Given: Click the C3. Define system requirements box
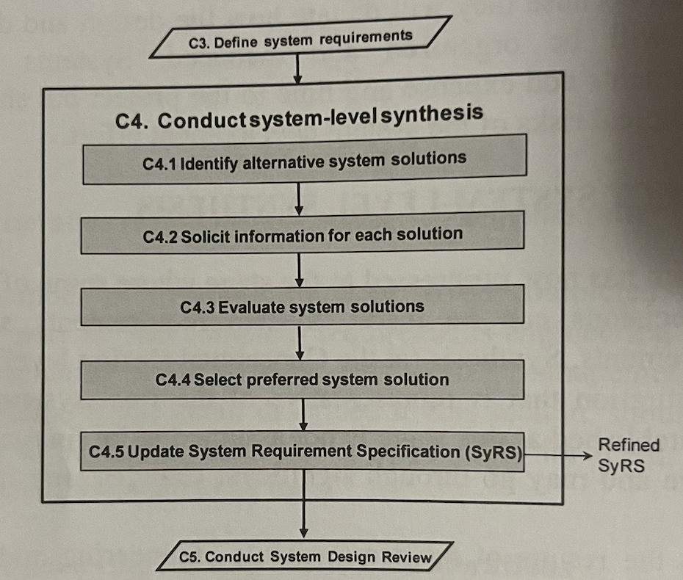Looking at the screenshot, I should click(300, 38).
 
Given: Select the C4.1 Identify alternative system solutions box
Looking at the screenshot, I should click(304, 159).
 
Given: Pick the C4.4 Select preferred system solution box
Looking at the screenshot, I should click(302, 380).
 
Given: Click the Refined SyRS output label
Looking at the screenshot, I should click(628, 455).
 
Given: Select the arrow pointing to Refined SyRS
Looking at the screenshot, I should click(558, 455).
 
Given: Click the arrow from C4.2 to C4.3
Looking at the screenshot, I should click(300, 269).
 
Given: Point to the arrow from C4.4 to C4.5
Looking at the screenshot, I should click(303, 416).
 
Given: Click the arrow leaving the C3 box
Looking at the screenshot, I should click(297, 69).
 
